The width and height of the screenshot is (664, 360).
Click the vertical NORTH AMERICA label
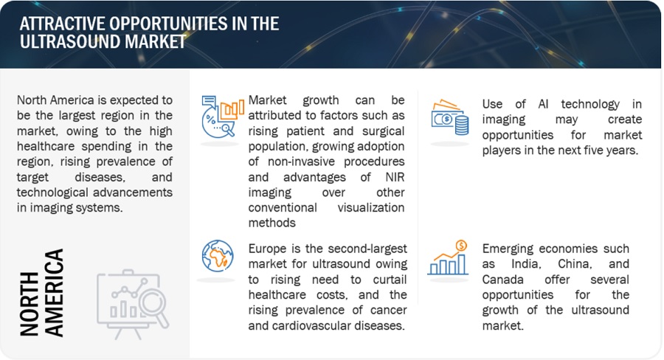41,293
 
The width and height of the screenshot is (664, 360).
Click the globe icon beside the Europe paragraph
218,256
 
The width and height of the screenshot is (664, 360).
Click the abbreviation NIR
395,177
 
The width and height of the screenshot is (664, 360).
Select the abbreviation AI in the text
543,104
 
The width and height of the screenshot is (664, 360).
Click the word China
575,264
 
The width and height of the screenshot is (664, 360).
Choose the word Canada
502,280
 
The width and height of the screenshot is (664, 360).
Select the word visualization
371,208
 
